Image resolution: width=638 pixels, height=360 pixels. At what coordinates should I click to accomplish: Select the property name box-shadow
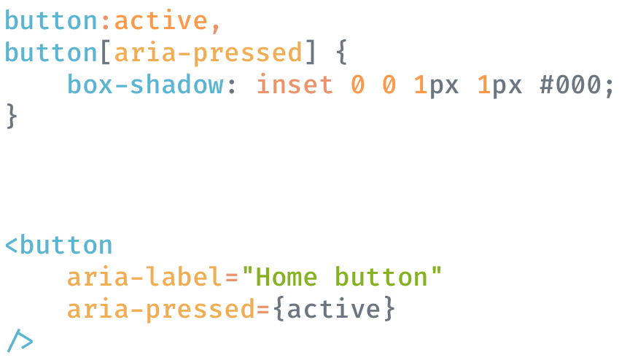coord(145,85)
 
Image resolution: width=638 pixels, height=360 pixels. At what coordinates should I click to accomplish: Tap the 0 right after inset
coord(357,85)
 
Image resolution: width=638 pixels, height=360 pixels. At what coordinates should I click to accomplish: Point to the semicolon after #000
coord(609,87)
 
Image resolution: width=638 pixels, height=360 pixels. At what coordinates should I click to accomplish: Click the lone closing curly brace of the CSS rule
coord(11,117)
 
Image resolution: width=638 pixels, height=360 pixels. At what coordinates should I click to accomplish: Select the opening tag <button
coord(59,245)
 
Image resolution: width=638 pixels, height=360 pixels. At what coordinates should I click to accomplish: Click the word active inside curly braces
coord(333,309)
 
